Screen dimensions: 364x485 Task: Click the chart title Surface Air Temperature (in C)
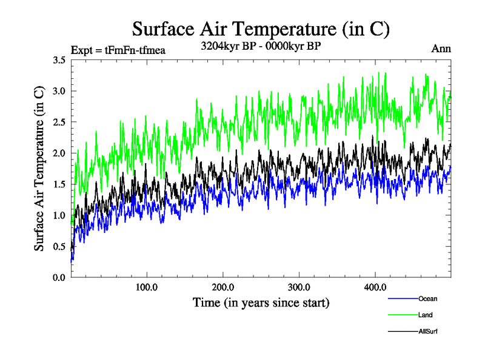pyautogui.click(x=261, y=29)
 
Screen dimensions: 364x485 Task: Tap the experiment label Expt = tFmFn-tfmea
pyautogui.click(x=118, y=50)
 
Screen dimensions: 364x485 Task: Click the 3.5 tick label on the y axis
pyautogui.click(x=59, y=60)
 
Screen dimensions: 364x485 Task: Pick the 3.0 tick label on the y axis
pyautogui.click(x=59, y=91)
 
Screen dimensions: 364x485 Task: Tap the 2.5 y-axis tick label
pyautogui.click(x=59, y=122)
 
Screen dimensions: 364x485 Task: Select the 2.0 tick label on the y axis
pyautogui.click(x=59, y=153)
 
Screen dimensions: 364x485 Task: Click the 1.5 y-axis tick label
pyautogui.click(x=59, y=184)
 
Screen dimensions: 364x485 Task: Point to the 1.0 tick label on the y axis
pyautogui.click(x=59, y=215)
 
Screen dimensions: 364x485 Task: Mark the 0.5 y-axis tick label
pyautogui.click(x=59, y=246)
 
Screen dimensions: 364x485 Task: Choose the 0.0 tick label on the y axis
pyautogui.click(x=59, y=277)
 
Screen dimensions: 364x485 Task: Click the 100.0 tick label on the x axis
pyautogui.click(x=147, y=287)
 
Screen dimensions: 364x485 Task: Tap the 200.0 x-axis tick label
pyautogui.click(x=223, y=287)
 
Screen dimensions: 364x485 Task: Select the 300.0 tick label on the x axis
pyautogui.click(x=299, y=287)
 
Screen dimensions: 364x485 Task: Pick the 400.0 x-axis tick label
pyautogui.click(x=375, y=287)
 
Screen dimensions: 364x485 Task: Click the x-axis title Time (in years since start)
pyautogui.click(x=261, y=302)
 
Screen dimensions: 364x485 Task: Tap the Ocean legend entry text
pyautogui.click(x=427, y=298)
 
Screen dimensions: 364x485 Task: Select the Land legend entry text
pyautogui.click(x=425, y=315)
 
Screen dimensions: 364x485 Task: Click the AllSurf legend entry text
pyautogui.click(x=427, y=331)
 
